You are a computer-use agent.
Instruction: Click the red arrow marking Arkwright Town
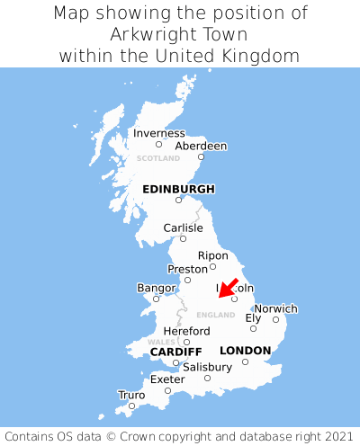(229, 288)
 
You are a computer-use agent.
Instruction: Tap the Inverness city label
(158, 133)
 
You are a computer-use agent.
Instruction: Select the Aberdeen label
(201, 146)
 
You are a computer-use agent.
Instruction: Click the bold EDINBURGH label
(178, 189)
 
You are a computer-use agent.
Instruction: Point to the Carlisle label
(183, 227)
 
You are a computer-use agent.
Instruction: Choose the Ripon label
(213, 255)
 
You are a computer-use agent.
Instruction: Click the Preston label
(187, 269)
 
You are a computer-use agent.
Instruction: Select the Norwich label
(275, 308)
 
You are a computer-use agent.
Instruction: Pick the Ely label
(253, 317)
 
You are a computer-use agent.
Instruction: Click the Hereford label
(186, 331)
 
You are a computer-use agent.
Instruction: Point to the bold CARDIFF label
(175, 351)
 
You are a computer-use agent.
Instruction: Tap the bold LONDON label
(245, 350)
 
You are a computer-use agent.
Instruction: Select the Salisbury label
(207, 367)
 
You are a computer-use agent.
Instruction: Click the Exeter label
(167, 379)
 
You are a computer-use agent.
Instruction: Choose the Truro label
(131, 395)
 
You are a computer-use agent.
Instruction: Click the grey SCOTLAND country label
(158, 158)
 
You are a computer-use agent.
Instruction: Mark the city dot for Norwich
(275, 319)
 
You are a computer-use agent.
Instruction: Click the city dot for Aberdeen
(201, 156)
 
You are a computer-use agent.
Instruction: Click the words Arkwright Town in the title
(180, 34)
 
